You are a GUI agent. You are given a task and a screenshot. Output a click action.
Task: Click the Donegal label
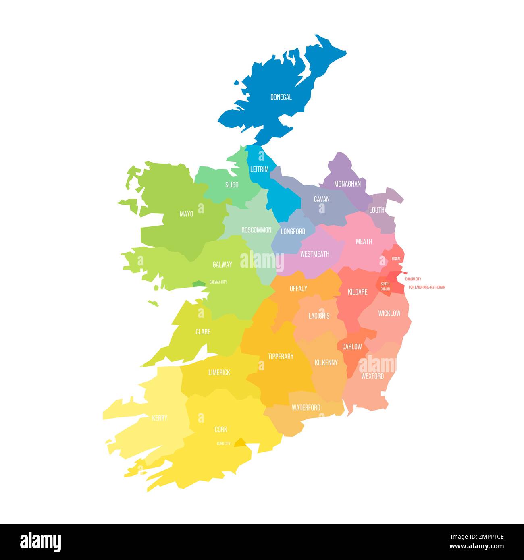[281, 97]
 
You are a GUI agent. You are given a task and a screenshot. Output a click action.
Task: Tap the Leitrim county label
[259, 170]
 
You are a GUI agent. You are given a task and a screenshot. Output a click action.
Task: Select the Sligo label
[232, 185]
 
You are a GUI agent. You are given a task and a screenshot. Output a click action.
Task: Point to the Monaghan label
[347, 184]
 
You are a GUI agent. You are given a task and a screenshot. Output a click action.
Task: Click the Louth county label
[377, 210]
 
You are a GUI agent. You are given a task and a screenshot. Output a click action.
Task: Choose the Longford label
[293, 232]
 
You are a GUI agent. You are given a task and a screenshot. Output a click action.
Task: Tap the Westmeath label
[315, 254]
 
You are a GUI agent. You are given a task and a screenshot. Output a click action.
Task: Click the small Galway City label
[218, 282]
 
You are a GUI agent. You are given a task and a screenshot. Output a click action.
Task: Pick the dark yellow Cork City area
[240, 442]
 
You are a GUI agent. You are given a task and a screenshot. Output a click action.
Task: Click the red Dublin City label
[413, 279]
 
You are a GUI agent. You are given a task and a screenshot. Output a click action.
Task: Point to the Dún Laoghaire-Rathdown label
[427, 287]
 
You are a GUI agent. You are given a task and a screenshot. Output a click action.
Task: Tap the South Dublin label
[385, 286]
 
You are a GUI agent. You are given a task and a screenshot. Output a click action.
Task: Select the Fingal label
[396, 259]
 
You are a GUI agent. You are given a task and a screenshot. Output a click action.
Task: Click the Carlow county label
[352, 347]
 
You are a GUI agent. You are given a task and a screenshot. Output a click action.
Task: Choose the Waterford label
[306, 408]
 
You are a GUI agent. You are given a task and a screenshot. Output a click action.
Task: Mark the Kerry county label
[160, 418]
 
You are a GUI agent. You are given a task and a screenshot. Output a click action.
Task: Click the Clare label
[203, 332]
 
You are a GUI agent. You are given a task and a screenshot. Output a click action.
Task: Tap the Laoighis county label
[319, 316]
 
